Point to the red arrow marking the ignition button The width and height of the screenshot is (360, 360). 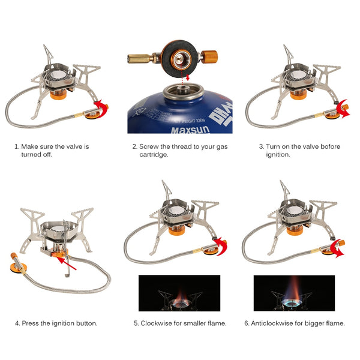pos(67,259)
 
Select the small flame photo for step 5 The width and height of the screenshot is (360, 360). pos(179,293)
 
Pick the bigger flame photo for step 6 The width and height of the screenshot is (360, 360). pos(294,293)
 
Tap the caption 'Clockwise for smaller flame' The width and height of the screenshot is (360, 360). pos(179,323)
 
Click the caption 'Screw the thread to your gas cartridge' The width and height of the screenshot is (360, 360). pos(179,150)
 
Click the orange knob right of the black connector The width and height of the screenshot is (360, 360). pos(209,58)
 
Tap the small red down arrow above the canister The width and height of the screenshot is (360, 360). pos(188,77)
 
